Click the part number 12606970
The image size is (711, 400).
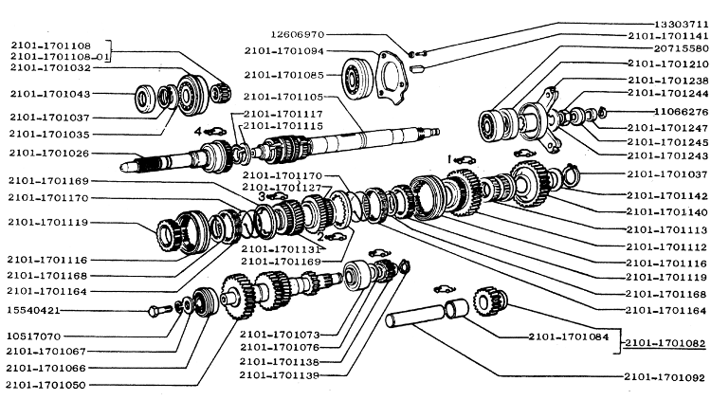point(324,33)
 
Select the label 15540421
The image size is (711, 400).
point(35,310)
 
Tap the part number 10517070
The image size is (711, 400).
point(35,336)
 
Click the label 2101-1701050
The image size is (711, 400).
point(46,384)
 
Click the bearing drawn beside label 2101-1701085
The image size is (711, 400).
point(361,74)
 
